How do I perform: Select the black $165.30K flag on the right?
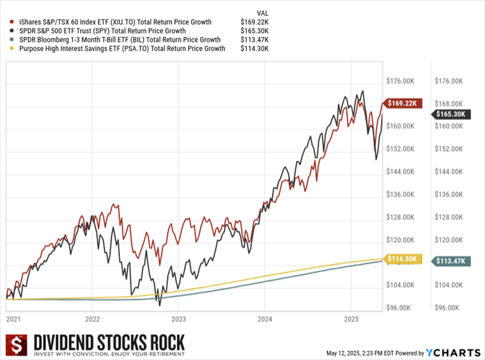click(451, 114)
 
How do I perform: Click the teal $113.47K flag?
click(451, 261)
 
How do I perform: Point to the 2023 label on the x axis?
click(180, 319)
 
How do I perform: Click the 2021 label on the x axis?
click(14, 319)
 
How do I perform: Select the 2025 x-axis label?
click(351, 319)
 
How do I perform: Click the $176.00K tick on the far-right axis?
click(447, 81)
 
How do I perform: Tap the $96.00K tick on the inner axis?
click(401, 307)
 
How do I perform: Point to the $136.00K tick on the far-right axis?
click(447, 194)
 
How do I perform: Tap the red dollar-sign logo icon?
click(15, 345)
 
